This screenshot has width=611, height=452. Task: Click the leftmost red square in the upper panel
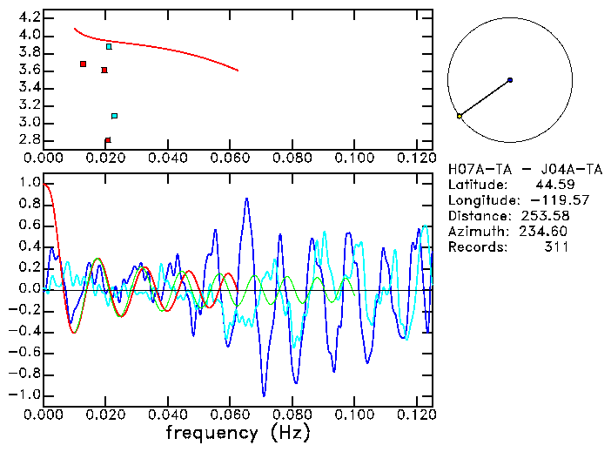coord(83,64)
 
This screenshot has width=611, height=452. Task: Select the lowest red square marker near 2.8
coord(107,140)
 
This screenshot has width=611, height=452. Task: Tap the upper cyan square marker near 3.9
coord(109,46)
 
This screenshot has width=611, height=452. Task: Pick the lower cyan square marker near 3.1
coord(114,116)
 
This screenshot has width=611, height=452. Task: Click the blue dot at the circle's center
coord(509,80)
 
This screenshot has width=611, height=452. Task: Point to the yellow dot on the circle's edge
coord(460,116)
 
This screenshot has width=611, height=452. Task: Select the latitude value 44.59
coord(550,185)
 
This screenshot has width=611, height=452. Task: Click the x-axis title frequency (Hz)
coord(238,431)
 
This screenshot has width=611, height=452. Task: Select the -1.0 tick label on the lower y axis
coord(23,395)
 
